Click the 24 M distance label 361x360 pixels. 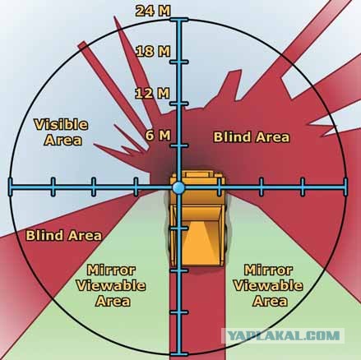(153, 11)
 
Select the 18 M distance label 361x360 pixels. (153, 51)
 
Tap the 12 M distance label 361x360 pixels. (152, 93)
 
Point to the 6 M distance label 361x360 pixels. (158, 135)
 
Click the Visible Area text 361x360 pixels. (61, 132)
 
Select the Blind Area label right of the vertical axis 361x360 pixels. (252, 137)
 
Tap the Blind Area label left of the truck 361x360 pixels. (63, 235)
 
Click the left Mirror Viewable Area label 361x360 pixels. (111, 286)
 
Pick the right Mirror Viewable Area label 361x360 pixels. (268, 286)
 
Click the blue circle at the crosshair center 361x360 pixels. (178, 187)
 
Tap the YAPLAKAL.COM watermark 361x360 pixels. (284, 335)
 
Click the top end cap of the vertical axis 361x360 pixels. (179, 20)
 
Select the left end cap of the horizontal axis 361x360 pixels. (11, 187)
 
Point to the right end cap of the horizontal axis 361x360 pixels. (345, 187)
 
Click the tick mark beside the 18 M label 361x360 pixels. (179, 62)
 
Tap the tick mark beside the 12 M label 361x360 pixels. (179, 104)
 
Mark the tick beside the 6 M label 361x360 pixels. (179, 145)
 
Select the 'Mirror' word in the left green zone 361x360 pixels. (111, 270)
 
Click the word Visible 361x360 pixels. (61, 125)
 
